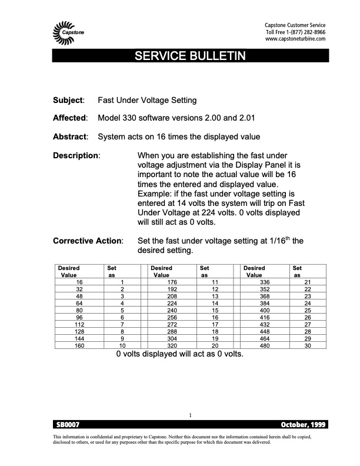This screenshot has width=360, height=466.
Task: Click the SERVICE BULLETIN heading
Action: point(179,56)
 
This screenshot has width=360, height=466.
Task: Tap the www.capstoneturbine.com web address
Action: point(295,39)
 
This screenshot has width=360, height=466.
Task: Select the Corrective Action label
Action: point(88,241)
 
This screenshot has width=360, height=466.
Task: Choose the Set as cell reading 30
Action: point(307,345)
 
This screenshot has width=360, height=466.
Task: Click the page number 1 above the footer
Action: point(191,416)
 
